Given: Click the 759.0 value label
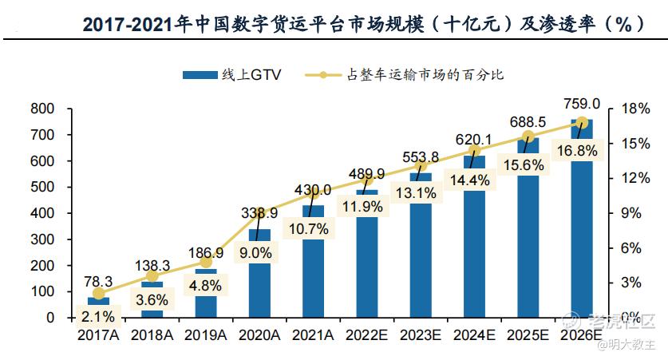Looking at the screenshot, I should (582, 104).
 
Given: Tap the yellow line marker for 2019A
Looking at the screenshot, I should (206, 262).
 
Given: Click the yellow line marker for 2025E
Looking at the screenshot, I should (528, 136).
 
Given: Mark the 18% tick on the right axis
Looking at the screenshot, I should (630, 109).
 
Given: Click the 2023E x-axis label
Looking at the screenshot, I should (421, 335).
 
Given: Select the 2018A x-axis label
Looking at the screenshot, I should (152, 335).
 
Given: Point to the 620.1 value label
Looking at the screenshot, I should (474, 140).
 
